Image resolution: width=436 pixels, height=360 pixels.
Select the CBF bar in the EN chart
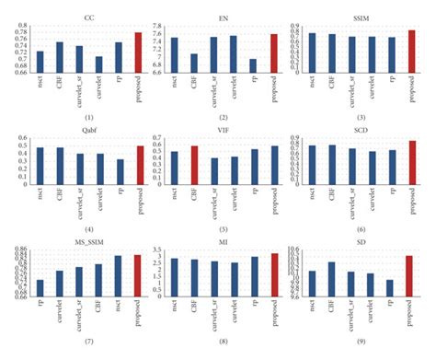(x=193, y=61)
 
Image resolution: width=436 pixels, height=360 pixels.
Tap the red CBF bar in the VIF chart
(x=193, y=165)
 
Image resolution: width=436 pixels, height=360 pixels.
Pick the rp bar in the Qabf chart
(x=120, y=171)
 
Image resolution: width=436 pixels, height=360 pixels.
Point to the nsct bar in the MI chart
(x=175, y=277)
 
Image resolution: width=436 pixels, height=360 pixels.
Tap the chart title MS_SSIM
(x=87, y=242)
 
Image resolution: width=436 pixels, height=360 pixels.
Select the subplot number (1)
(x=88, y=118)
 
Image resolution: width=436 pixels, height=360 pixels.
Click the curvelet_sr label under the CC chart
(x=80, y=89)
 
